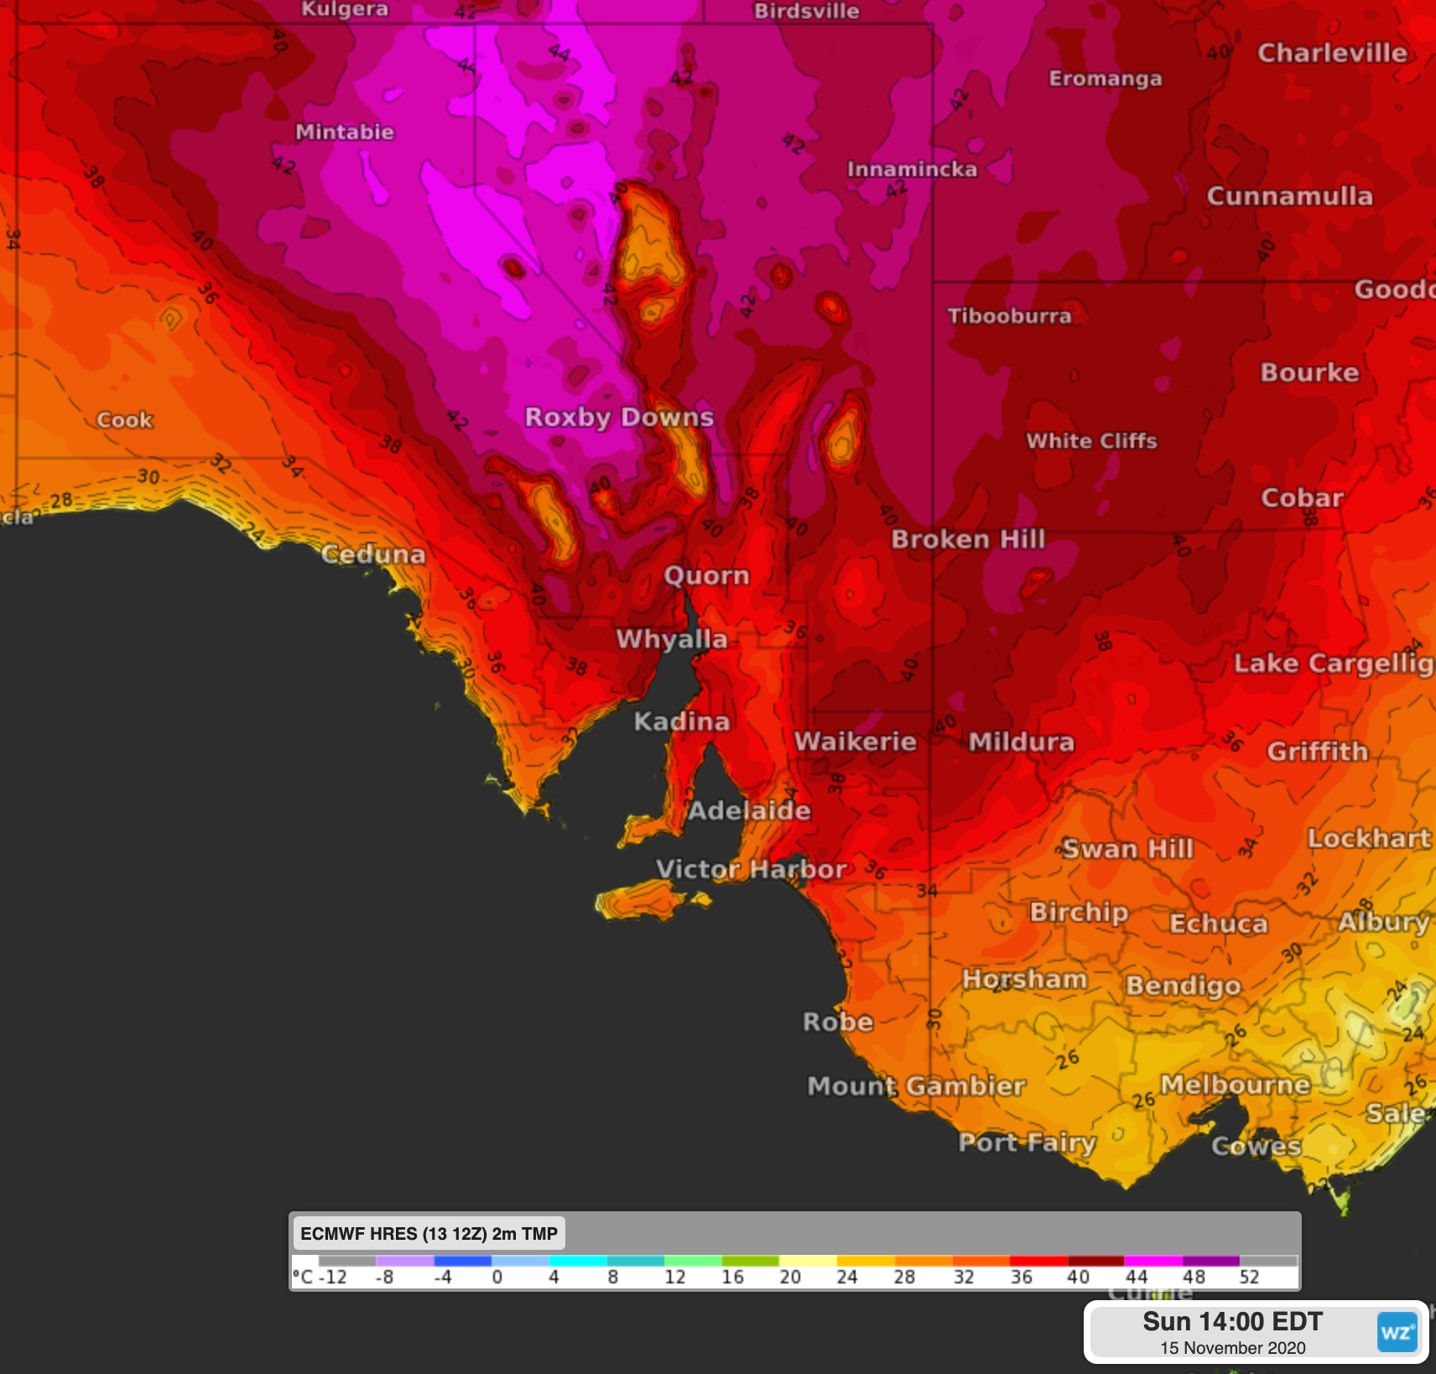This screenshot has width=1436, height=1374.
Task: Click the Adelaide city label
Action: (749, 810)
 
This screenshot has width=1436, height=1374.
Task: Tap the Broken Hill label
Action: (968, 539)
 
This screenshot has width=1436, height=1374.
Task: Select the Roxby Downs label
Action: (619, 417)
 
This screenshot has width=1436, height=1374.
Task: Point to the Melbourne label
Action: (1235, 1085)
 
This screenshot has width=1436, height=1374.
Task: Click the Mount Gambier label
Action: (916, 1086)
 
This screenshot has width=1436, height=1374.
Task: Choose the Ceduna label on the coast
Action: (373, 554)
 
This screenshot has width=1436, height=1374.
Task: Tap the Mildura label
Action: (1021, 742)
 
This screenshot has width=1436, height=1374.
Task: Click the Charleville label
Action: (1332, 53)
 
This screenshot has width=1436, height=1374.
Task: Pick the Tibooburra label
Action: (1009, 316)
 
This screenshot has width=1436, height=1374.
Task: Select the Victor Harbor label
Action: (751, 869)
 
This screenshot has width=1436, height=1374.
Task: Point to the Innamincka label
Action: (912, 169)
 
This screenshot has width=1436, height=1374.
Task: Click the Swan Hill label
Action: (1127, 849)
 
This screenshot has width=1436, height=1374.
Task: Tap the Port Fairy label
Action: (1027, 1142)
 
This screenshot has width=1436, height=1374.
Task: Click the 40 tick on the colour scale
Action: (1078, 1278)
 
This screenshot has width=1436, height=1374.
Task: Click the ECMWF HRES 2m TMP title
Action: (429, 1234)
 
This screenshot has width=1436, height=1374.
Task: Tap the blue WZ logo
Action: (1397, 1333)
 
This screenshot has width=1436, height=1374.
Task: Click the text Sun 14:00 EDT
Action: (1232, 1322)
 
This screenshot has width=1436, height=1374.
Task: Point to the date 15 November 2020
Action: (1232, 1348)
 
